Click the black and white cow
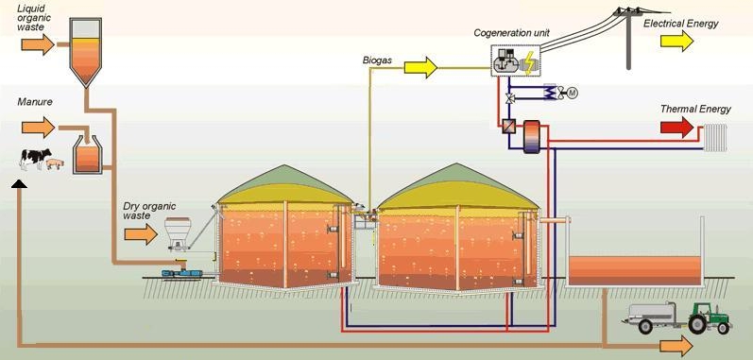click(35, 159)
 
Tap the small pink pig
click(55, 163)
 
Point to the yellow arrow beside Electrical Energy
click(676, 41)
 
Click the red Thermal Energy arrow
click(676, 128)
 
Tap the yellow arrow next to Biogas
click(420, 67)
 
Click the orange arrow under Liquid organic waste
click(38, 44)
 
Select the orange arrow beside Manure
click(38, 128)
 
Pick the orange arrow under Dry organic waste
click(141, 234)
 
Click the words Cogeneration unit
click(511, 33)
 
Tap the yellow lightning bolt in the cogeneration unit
click(530, 63)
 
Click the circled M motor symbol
click(572, 94)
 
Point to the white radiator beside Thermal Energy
click(715, 138)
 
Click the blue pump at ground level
click(182, 274)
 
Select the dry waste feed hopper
click(178, 233)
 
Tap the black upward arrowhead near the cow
click(19, 184)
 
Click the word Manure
click(35, 102)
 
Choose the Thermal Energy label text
click(695, 110)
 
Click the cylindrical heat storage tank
click(532, 137)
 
